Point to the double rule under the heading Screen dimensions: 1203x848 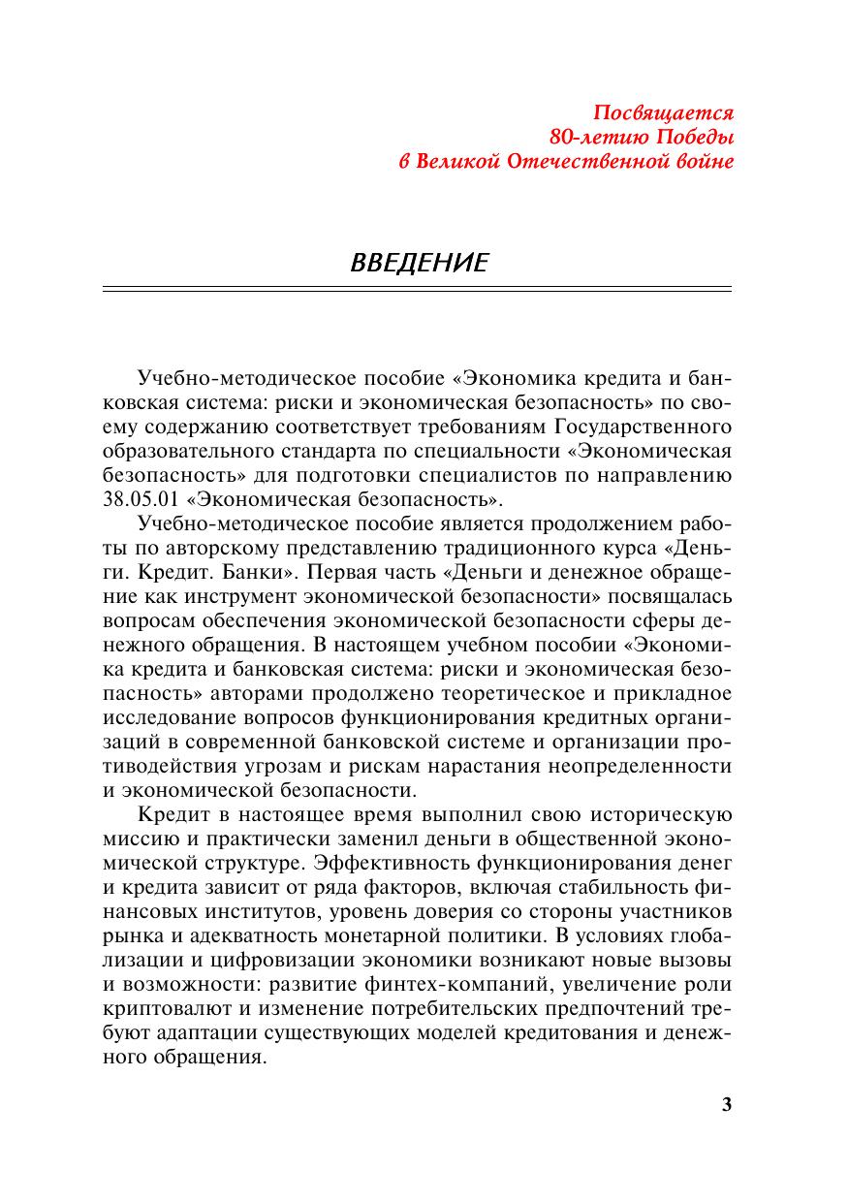417,289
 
